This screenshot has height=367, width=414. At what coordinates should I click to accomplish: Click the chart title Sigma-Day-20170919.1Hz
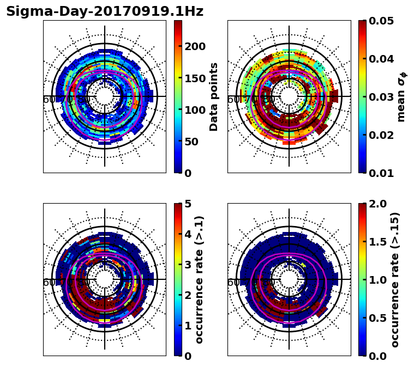(105, 11)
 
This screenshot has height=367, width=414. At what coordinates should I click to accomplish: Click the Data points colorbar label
(214, 96)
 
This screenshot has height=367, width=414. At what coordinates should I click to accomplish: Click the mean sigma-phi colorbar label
(401, 96)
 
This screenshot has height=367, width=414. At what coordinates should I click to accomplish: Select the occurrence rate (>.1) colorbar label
(200, 279)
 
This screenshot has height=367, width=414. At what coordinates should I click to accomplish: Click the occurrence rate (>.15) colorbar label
(395, 279)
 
